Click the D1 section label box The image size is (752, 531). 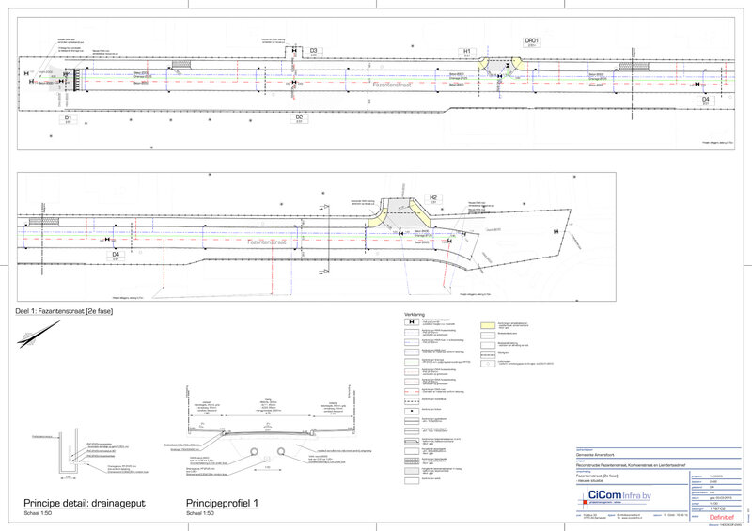pyautogui.click(x=69, y=119)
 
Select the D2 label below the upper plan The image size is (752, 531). pyautogui.click(x=299, y=117)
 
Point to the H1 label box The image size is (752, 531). pyautogui.click(x=465, y=50)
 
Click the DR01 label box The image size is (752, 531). pyautogui.click(x=531, y=41)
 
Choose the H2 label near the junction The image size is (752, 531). pyautogui.click(x=433, y=198)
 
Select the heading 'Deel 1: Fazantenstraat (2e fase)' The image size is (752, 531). pyautogui.click(x=58, y=309)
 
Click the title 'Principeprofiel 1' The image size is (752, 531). pyautogui.click(x=222, y=505)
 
